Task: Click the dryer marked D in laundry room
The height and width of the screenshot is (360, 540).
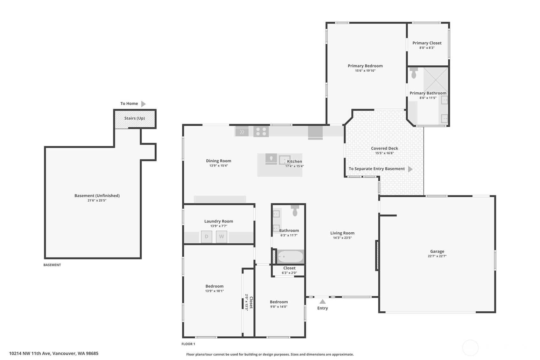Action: (207, 237)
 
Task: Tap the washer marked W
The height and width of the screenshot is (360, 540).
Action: (221, 237)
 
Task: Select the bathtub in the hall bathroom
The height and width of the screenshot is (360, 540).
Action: (291, 257)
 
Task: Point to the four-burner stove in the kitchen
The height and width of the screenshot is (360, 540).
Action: (261, 131)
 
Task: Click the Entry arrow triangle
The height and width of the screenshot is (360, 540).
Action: (323, 301)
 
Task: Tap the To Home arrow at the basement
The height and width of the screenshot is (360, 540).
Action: (144, 104)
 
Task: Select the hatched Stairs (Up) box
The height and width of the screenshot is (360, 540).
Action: (135, 119)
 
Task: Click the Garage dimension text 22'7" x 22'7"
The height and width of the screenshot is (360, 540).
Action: (437, 256)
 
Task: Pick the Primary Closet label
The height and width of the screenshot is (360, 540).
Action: (427, 43)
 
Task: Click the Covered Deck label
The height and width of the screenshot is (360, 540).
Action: (384, 148)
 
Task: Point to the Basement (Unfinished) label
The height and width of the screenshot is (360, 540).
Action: (97, 196)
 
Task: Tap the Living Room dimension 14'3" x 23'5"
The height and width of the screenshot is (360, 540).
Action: (342, 238)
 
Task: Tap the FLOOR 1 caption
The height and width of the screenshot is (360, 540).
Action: (188, 344)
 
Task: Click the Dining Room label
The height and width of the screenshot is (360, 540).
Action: (219, 161)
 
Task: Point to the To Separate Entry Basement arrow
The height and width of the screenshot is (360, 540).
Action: (410, 169)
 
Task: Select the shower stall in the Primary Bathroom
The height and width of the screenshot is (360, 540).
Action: (436, 80)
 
